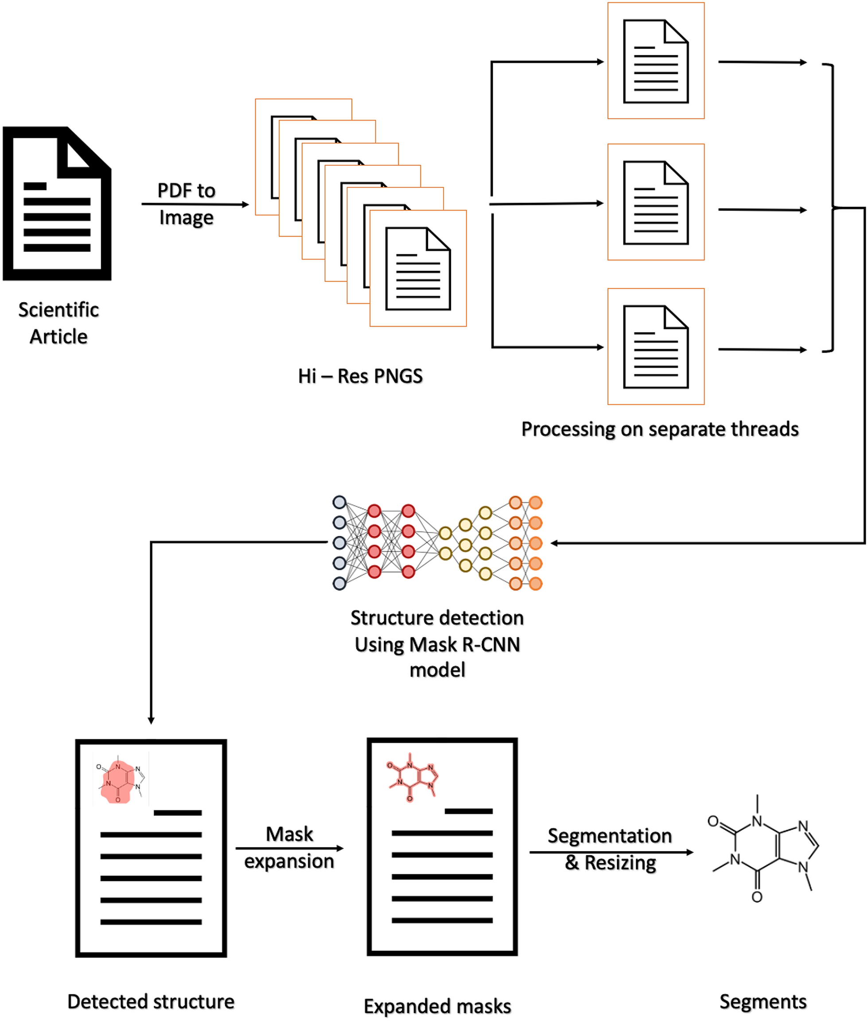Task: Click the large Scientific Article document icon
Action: (57, 204)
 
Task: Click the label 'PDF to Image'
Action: (187, 204)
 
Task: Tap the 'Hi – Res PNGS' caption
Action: (360, 376)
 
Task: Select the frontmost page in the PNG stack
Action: (418, 269)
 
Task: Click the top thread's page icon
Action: (655, 61)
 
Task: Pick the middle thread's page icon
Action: (655, 202)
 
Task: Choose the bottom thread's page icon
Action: (655, 347)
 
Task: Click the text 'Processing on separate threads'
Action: (659, 429)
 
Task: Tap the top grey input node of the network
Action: (339, 503)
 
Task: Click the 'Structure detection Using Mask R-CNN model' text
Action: (437, 643)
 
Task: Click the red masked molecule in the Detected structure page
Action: (117, 782)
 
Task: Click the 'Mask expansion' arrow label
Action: (289, 847)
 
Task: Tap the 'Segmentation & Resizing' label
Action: (610, 849)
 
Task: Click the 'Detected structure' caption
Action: (151, 1002)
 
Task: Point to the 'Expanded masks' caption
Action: (437, 1006)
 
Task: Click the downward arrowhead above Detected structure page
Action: (151, 721)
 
